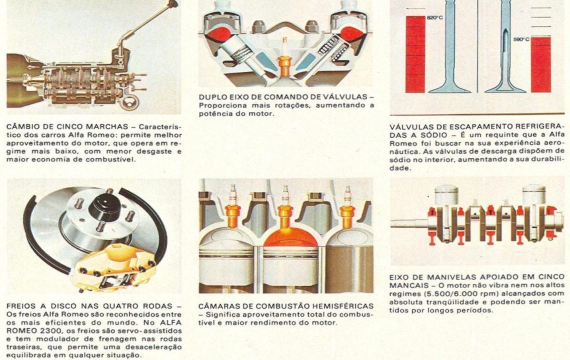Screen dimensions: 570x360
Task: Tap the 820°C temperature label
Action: pyautogui.click(x=435, y=17)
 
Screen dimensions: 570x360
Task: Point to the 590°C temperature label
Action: pyautogui.click(x=521, y=39)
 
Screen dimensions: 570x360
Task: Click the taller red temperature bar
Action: pyautogui.click(x=415, y=54)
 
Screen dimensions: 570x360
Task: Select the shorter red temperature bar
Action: pyautogui.click(x=541, y=64)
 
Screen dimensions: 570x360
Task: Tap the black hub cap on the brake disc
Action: pyautogui.click(x=105, y=207)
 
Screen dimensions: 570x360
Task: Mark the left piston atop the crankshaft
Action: pyautogui.click(x=445, y=195)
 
